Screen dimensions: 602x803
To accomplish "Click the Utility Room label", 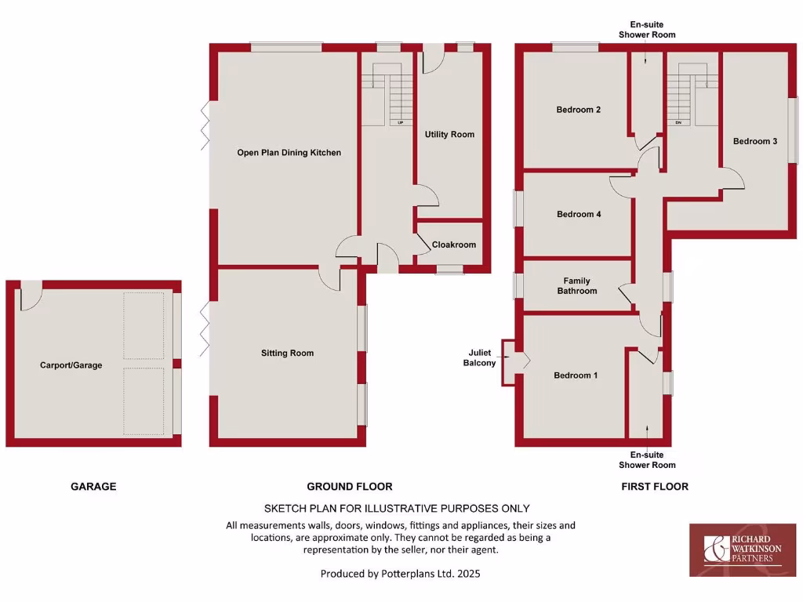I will pos(449,135).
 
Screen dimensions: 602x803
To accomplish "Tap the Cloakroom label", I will pos(453,245).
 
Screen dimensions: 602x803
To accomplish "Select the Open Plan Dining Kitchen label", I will pos(289,153).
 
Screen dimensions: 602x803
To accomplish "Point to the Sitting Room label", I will pos(287,354).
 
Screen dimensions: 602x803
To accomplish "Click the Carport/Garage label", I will pos(71,365).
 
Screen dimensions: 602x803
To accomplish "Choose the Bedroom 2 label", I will pos(578,110).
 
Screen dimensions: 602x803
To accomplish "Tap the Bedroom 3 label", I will pos(755,141).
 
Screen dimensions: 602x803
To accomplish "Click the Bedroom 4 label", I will pos(578,214).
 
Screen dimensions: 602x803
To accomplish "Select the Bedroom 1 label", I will pos(576,375).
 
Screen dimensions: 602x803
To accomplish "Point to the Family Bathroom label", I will pos(576,286).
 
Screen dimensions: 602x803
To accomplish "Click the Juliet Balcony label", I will pos(479,358).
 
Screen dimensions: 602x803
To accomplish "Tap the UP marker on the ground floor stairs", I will pos(400,123).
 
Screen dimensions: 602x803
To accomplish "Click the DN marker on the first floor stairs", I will pos(677,123).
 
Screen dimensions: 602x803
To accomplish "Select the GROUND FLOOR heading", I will pos(349,487).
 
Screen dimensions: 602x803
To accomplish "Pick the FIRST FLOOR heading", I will pos(654,487).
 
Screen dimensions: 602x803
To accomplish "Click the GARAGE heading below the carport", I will pos(93,487).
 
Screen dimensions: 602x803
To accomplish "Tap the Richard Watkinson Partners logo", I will pos(742,549).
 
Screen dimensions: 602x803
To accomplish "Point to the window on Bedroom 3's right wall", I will pos(793,130).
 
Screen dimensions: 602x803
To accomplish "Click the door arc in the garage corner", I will pos(31,296).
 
